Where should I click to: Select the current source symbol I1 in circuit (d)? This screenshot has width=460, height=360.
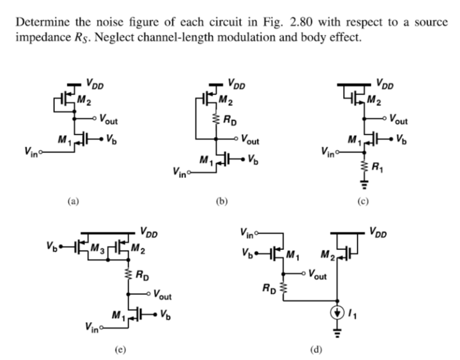(337, 313)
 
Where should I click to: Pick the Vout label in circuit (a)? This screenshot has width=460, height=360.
(107, 121)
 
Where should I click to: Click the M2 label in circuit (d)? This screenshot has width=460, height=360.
(328, 255)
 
